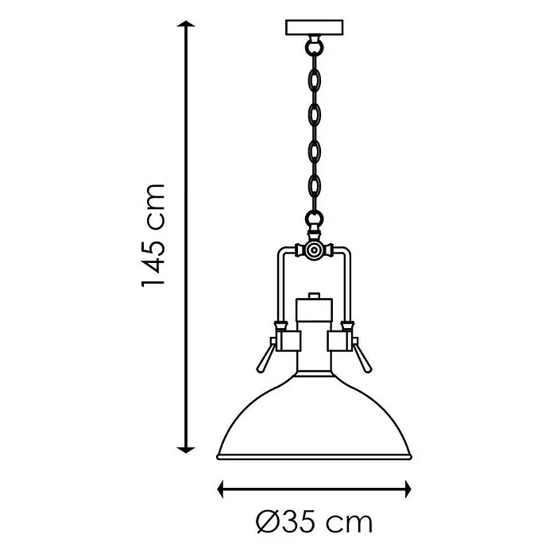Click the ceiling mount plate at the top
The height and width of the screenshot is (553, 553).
[314, 28]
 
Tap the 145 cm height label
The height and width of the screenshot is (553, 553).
[153, 235]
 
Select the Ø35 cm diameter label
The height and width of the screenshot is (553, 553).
[314, 522]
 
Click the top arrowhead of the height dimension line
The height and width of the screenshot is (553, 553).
[186, 24]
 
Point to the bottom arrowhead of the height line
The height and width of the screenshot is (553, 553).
[186, 450]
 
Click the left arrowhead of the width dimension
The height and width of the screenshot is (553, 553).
[221, 489]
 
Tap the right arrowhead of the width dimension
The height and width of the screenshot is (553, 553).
[408, 489]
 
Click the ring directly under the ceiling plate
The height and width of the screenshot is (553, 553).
[314, 47]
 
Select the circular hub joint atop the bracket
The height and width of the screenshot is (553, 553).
[313, 250]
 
